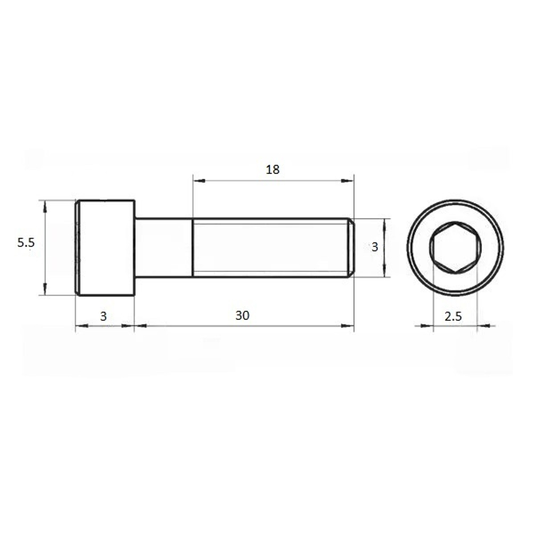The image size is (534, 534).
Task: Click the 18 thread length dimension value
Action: click(272, 169)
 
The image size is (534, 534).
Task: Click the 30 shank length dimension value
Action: click(242, 316)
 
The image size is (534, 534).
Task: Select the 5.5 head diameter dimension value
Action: click(26, 242)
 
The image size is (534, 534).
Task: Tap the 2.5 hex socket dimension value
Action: click(453, 316)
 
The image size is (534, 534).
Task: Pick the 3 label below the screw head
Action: click(103, 316)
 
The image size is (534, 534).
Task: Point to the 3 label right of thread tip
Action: click(375, 247)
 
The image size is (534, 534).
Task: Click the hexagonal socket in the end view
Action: click(456, 248)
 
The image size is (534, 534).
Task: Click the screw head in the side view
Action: click(105, 248)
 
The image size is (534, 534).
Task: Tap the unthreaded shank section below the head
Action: click(164, 248)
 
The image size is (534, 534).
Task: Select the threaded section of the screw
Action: click(271, 248)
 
